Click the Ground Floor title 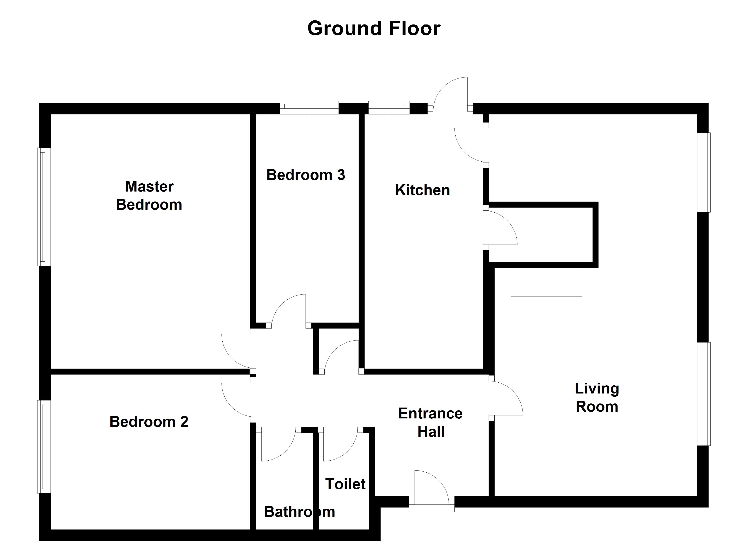point(374,29)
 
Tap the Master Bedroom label point(149,196)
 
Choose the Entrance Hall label point(430,422)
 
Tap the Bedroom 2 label point(149,422)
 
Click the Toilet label point(345,484)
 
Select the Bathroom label point(299,512)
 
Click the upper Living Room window point(704,172)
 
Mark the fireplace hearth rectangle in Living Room point(546,282)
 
